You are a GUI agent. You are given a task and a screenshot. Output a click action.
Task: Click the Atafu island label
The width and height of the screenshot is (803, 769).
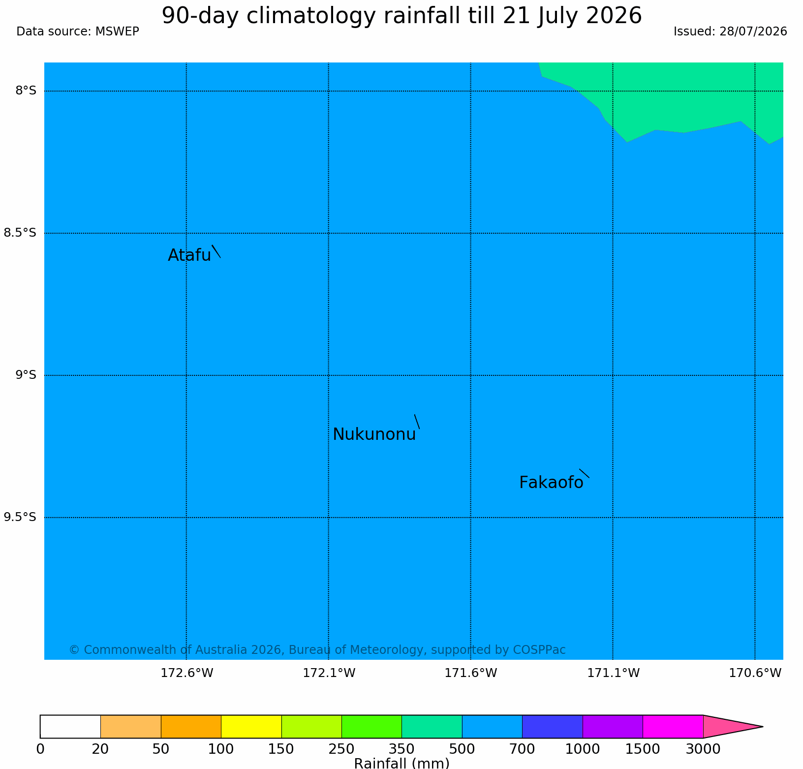[189, 255]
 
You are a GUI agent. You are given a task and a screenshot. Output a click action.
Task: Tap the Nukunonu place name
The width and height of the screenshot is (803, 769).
[374, 434]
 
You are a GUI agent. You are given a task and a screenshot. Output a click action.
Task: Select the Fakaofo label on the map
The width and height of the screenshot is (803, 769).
[551, 483]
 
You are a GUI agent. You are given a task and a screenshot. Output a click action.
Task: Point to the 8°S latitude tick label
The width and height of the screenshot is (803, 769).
[26, 91]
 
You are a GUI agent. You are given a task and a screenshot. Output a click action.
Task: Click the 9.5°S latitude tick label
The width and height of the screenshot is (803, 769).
[20, 517]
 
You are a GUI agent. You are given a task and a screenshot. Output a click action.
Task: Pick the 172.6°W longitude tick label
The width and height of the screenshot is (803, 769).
[187, 673]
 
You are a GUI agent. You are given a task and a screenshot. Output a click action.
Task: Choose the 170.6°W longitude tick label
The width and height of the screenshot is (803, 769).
[755, 673]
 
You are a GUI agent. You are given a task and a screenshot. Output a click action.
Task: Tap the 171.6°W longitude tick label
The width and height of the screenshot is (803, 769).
[471, 673]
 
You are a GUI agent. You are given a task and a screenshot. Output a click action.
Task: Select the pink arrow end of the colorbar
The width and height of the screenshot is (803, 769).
[728, 727]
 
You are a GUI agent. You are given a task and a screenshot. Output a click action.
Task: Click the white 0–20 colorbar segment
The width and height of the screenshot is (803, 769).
[70, 727]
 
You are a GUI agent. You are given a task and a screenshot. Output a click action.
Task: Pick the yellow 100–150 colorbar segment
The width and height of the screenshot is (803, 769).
[251, 727]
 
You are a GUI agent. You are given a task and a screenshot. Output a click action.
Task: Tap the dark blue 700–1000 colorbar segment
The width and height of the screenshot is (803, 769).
[553, 727]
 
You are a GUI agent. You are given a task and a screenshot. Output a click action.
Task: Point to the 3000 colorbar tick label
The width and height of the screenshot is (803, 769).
[703, 749]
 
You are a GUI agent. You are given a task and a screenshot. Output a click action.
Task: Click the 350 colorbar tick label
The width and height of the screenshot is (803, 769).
[401, 749]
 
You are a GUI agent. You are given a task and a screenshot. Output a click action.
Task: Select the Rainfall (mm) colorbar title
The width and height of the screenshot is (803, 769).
[401, 763]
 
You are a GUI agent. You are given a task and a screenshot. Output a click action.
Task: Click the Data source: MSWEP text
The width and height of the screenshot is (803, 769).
[78, 31]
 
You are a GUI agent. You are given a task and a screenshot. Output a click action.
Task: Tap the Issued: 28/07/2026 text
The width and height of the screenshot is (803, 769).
[730, 31]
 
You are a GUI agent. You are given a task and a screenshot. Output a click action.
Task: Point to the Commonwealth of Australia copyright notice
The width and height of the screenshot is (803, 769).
[317, 650]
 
